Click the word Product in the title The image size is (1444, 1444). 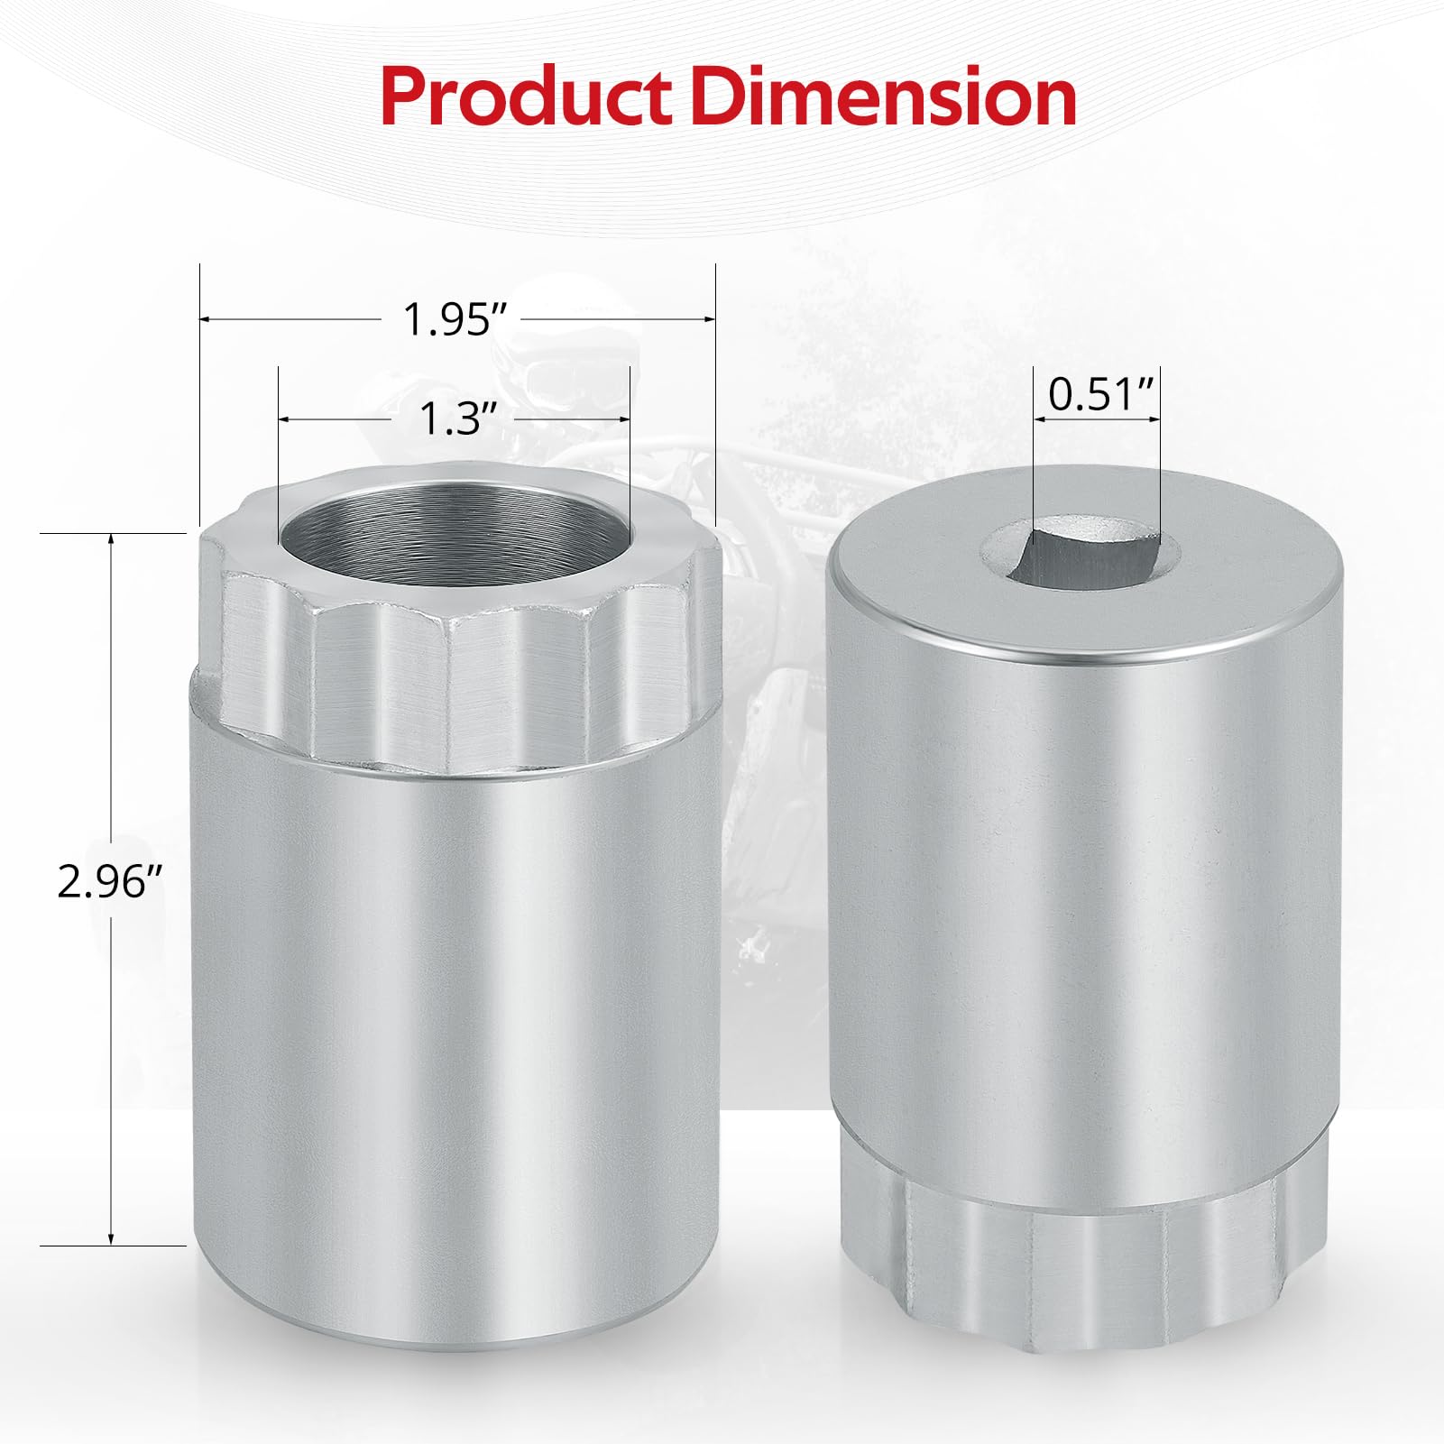click(x=526, y=97)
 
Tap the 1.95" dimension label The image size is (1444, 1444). click(x=449, y=319)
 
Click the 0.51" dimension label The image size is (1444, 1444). click(x=1100, y=394)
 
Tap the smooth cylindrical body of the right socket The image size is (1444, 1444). click(x=1082, y=902)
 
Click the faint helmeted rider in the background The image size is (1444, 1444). click(x=541, y=370)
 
